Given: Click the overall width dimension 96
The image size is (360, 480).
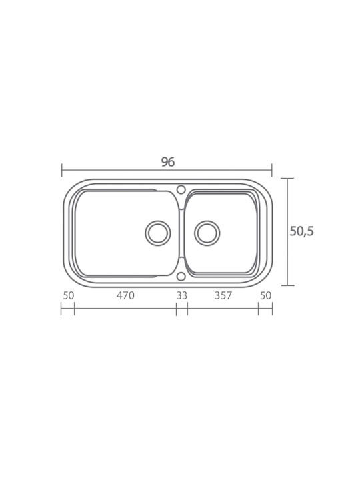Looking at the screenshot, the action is (168, 161).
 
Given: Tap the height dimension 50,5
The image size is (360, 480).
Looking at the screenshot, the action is (301, 231).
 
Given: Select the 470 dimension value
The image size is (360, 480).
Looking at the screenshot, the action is (125, 295).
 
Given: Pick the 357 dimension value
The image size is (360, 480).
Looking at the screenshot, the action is (223, 295).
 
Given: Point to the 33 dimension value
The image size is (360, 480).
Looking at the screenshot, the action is (181, 295).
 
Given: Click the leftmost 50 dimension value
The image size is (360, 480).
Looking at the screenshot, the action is (69, 295).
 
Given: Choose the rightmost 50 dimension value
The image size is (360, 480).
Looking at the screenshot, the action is (266, 295).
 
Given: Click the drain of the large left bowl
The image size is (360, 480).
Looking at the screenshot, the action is (157, 233).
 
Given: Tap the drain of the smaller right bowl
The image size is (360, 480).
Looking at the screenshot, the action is (207, 233).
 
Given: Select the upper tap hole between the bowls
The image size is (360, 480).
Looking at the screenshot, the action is (181, 189).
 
